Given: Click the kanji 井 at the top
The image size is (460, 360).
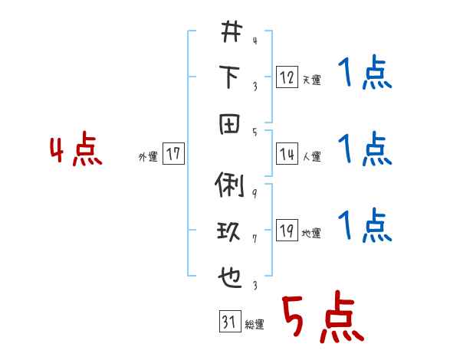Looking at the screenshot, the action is pos(230,33).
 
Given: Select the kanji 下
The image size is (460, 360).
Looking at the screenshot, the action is pos(230,77).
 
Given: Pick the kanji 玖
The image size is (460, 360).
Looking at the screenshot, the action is pos(230,231).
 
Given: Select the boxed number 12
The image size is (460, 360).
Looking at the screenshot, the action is pos(287,78).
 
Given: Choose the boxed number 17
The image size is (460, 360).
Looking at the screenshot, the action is pos(172,155).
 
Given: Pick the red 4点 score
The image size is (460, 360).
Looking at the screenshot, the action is pos(75,152).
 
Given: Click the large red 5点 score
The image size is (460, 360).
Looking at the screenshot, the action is pos(320,318).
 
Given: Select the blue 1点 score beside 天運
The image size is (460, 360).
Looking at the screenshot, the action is pos(365,74).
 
